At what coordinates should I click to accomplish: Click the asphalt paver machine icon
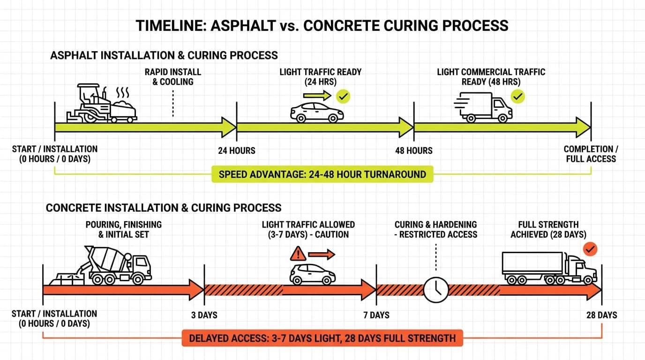click(x=101, y=104)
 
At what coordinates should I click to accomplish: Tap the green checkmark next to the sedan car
click(x=343, y=97)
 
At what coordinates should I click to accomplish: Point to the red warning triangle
click(x=298, y=254)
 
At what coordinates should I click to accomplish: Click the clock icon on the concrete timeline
click(x=436, y=290)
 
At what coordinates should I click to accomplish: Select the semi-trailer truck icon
click(x=549, y=268)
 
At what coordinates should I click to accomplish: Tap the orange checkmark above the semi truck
click(x=591, y=249)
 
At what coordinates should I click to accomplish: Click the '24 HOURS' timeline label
click(x=237, y=151)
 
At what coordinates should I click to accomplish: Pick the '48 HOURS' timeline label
click(x=413, y=151)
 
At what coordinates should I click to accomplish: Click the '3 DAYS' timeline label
click(x=204, y=315)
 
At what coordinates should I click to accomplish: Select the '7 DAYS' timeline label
click(x=376, y=315)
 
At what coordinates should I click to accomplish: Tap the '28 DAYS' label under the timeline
click(x=601, y=315)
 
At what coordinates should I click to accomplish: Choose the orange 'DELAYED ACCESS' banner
click(x=322, y=338)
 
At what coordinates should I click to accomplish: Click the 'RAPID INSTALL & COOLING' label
click(x=172, y=77)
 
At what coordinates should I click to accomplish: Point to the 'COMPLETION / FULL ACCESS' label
click(x=591, y=154)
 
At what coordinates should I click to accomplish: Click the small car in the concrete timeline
click(x=312, y=274)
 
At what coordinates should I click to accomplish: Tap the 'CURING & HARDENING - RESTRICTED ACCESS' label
click(x=435, y=229)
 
